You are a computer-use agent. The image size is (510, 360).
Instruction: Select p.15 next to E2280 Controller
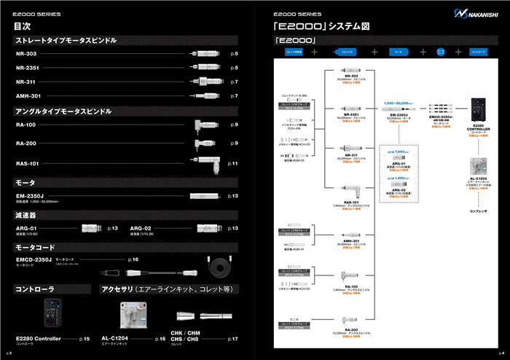pos(84,339)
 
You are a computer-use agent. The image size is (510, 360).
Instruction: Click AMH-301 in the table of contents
pos(28,95)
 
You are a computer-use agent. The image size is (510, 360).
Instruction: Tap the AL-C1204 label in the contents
pos(114,338)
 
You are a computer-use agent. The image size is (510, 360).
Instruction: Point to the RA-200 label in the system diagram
pos(350,329)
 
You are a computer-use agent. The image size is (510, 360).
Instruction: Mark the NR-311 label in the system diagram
pos(350,154)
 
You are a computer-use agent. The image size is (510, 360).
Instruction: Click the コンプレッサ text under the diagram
pos(479,212)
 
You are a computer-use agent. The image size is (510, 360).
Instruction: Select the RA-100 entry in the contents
pos(28,126)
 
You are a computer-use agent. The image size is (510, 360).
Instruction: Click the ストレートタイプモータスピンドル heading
pos(66,41)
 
